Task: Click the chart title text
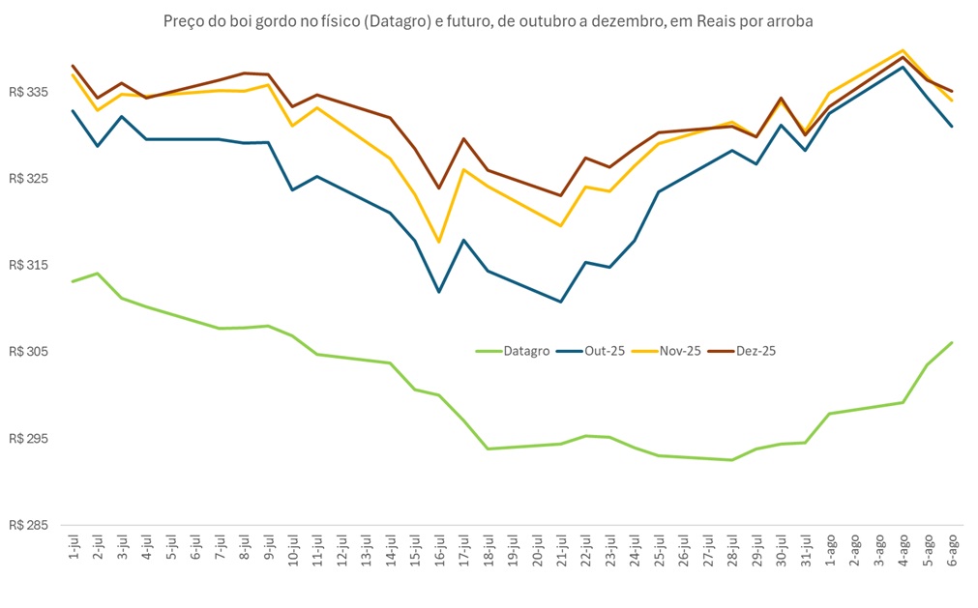tap(489, 20)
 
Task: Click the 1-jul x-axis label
tap(74, 546)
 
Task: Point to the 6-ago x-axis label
tap(952, 548)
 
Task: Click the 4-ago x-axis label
tap(904, 548)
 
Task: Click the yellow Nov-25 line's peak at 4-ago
tap(904, 50)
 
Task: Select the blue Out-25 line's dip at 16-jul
tap(439, 292)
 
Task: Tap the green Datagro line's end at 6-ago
tap(952, 342)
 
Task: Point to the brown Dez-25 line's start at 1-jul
tap(74, 66)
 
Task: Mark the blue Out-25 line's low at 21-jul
tap(561, 302)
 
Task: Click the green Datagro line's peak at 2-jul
tap(98, 274)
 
